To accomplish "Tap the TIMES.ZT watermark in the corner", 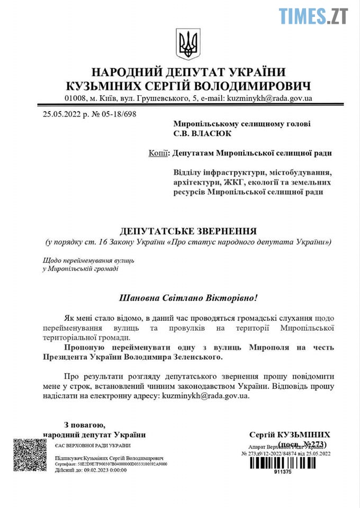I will (x=313, y=16).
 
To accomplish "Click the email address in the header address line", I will (x=269, y=98).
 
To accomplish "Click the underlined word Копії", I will (x=159, y=153).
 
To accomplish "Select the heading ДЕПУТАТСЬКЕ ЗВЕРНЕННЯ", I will (x=188, y=231).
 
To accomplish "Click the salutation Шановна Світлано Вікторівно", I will (x=188, y=297).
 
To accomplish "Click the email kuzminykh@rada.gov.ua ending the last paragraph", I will (x=205, y=395).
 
